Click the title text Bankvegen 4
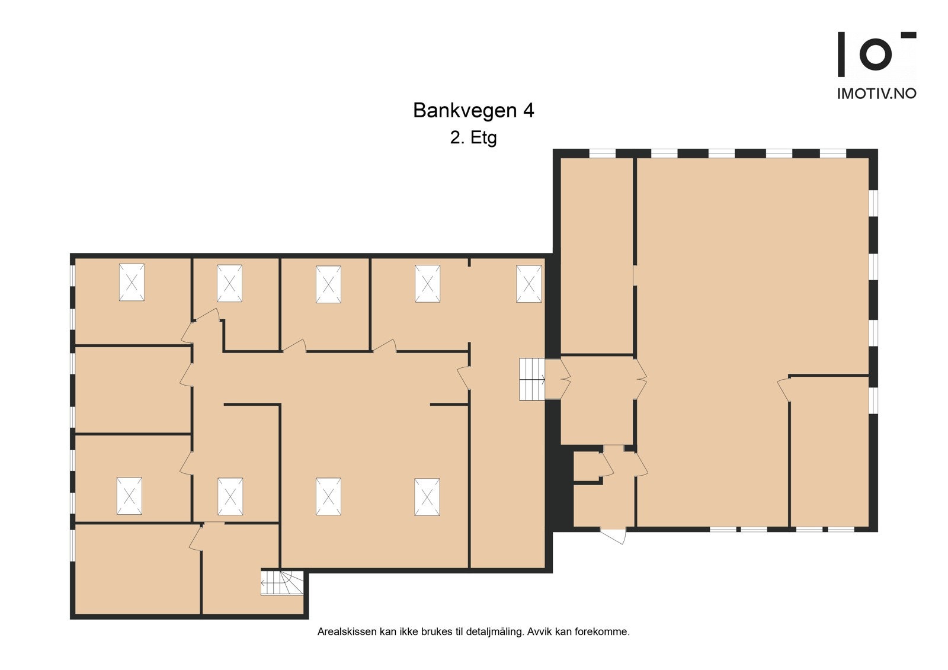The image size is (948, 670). tap(473, 111)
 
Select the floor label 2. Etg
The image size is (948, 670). tap(473, 137)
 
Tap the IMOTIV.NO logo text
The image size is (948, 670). tap(876, 94)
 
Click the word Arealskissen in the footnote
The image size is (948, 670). tap(346, 631)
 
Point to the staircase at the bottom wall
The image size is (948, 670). tap(282, 583)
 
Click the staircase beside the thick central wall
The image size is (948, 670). tap(532, 379)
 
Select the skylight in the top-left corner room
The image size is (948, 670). tap(132, 282)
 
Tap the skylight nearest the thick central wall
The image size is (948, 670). tap(529, 284)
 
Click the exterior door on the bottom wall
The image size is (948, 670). tap(614, 534)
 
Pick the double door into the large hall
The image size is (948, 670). tap(640, 379)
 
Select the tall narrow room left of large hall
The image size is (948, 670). tap(597, 255)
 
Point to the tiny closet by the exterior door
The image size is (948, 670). tap(587, 466)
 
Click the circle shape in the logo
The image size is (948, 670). tap(875, 54)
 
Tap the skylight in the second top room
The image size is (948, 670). tap(229, 283)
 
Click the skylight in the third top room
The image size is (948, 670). tap(328, 284)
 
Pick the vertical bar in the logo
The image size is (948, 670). tap(841, 55)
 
